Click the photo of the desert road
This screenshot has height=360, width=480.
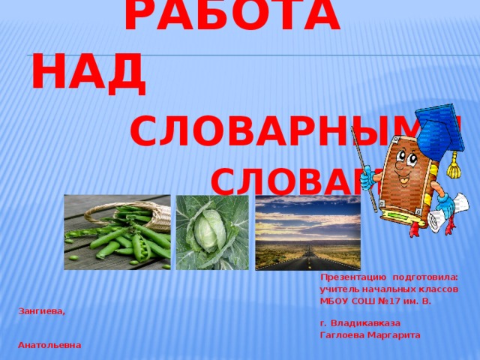pyautogui.click(x=307, y=232)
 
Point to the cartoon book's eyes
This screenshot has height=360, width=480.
pyautogui.click(x=404, y=158)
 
